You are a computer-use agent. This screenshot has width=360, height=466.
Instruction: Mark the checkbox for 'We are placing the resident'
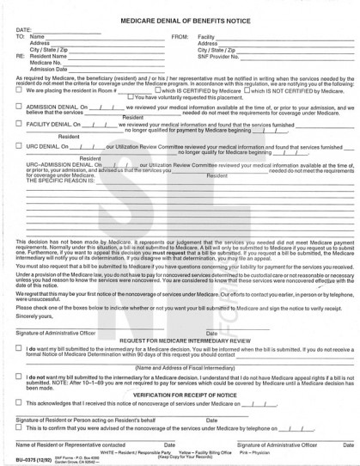(x=20, y=89)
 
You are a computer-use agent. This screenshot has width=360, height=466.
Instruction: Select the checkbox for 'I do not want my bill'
(x=20, y=377)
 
